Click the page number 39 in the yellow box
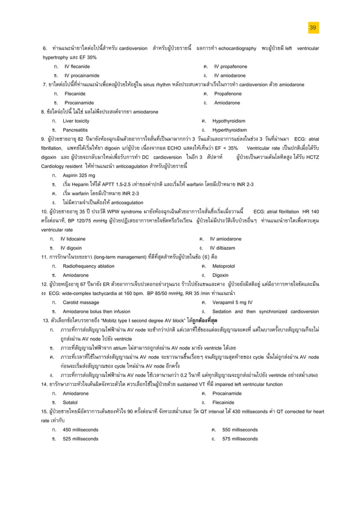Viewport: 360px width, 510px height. (x=313, y=28)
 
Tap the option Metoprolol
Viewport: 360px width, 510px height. (x=225, y=265)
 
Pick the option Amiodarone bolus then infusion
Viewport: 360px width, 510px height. (x=96, y=311)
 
